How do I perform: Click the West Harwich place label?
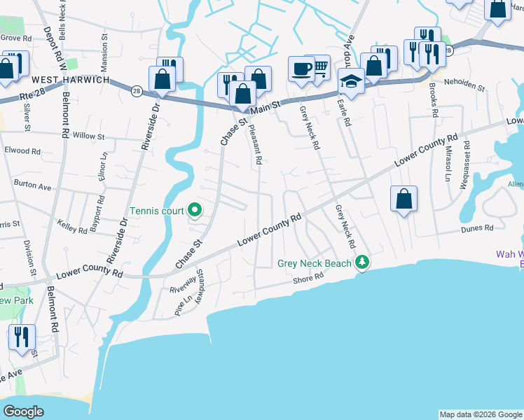69,80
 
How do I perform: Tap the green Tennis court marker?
195,210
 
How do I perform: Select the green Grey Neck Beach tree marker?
361,263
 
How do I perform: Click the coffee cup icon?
301,69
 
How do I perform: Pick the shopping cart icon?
318,67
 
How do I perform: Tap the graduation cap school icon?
351,81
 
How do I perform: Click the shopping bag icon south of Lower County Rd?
404,199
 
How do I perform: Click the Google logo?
24,411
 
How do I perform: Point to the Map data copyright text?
480,414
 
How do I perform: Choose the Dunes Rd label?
478,228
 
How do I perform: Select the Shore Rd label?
309,278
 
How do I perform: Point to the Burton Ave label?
33,187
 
